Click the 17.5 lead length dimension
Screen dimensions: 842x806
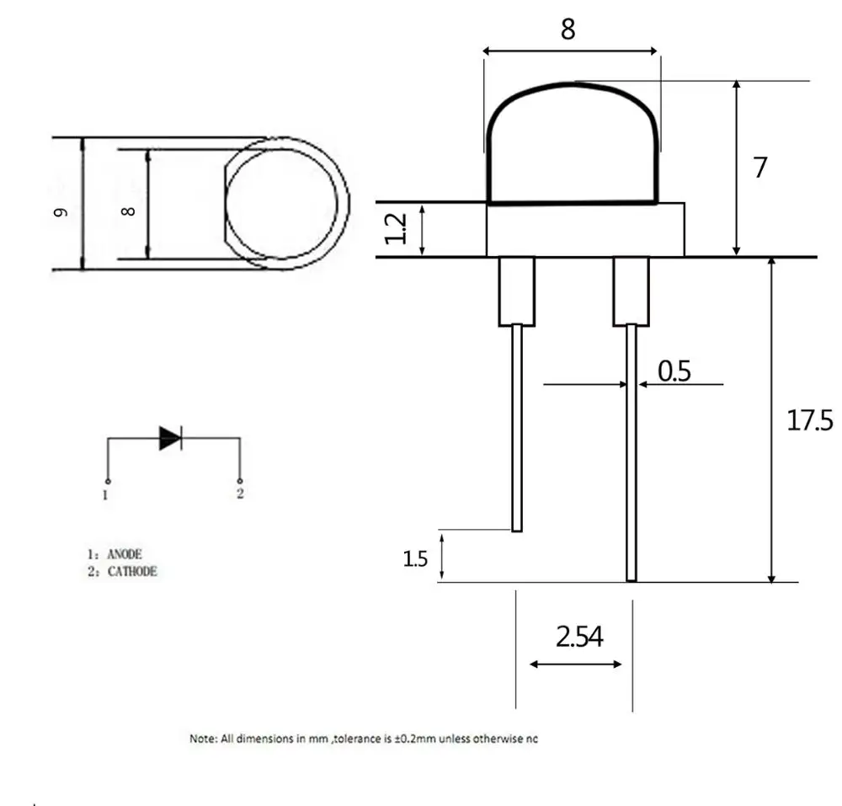coord(810,420)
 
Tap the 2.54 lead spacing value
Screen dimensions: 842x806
coord(579,637)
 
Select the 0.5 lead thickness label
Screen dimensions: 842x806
coord(674,371)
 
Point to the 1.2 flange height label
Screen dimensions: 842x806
coord(396,228)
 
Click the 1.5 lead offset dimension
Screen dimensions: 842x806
coord(415,559)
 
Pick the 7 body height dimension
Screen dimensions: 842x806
coord(759,168)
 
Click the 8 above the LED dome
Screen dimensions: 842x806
coord(568,29)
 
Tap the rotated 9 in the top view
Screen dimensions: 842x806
coord(61,212)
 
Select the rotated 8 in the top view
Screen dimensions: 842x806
coord(128,211)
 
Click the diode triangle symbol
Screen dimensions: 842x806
coord(170,438)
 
